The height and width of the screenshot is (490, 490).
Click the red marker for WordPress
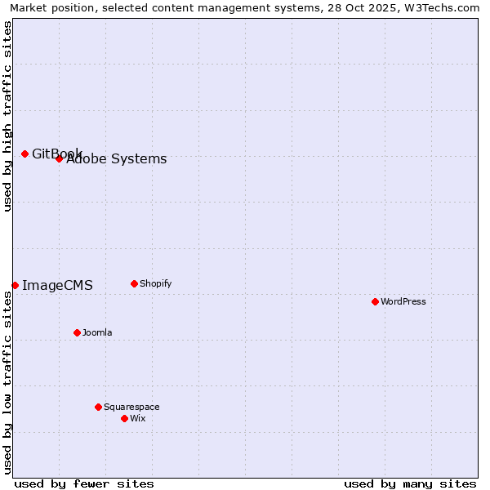tap(375, 301)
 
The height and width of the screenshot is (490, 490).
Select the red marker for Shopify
tap(134, 283)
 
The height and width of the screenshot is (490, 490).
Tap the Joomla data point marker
tap(77, 332)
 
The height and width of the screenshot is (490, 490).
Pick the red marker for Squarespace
tap(98, 407)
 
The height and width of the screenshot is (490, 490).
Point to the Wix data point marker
tap(124, 418)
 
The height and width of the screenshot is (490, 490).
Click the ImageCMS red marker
tap(15, 285)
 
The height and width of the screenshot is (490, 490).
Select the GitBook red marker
tap(24, 154)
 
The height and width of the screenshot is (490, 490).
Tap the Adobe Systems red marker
tap(59, 158)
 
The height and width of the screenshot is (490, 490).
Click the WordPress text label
tap(403, 301)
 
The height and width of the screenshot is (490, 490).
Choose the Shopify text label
tap(156, 283)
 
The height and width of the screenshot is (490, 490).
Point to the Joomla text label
tap(97, 332)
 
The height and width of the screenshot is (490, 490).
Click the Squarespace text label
tap(131, 407)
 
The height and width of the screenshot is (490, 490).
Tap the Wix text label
tap(138, 418)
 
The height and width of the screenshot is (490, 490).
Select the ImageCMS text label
tap(57, 285)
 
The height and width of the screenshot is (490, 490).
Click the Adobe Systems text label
tap(117, 159)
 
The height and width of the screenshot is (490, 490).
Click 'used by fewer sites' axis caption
tap(84, 483)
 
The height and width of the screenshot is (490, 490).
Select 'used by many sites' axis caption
tap(410, 483)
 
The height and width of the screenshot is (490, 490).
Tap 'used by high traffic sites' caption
tap(7, 117)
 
